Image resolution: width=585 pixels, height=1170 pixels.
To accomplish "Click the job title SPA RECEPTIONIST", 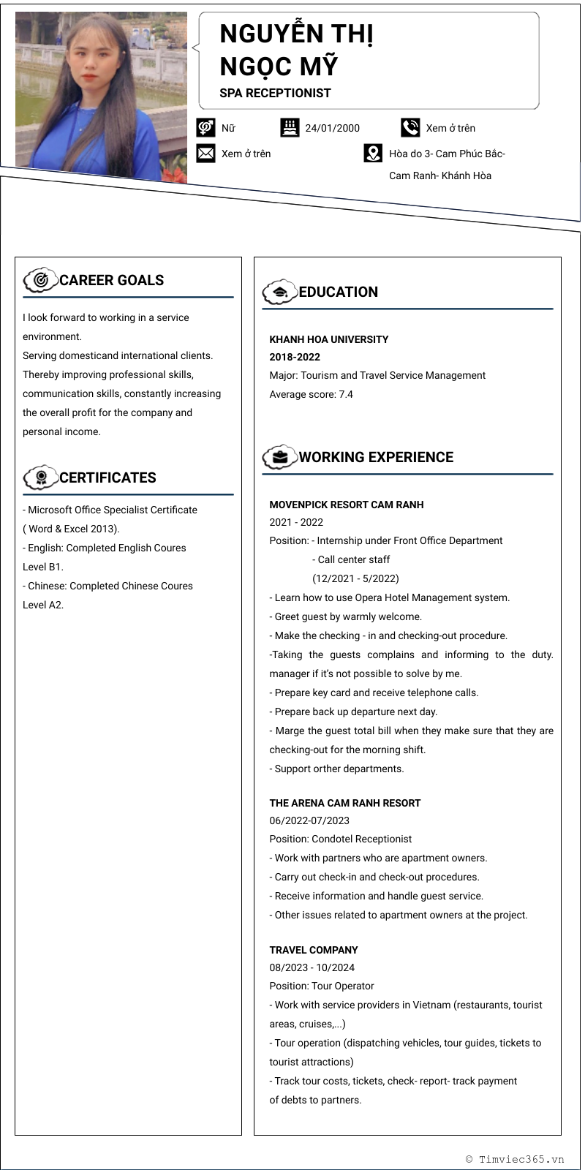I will coord(275,93).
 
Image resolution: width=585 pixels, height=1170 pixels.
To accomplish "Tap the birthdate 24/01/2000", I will coord(332,128).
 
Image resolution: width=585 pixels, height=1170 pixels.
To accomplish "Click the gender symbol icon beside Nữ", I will coord(206,128).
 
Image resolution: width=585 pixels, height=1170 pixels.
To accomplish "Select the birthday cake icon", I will coord(290,128).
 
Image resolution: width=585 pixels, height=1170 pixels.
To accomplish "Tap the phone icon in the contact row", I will coord(410,128).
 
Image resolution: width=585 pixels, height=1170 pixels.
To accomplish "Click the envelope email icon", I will coord(206,154).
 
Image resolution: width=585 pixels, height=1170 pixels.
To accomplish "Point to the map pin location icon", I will coord(373,154).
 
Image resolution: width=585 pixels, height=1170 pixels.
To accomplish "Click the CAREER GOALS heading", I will coord(111,280).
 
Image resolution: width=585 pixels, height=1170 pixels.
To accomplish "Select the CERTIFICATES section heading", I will coord(107,478).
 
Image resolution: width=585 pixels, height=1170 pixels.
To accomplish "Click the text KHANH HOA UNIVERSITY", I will coord(328,339).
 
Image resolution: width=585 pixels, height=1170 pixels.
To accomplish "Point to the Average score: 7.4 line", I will coord(311,394).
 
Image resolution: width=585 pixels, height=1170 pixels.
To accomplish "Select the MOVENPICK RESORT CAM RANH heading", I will coord(346,505).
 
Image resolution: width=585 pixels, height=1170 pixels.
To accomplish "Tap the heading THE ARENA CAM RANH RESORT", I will coord(344,803).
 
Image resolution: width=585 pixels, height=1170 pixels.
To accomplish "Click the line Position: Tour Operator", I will coord(321,986).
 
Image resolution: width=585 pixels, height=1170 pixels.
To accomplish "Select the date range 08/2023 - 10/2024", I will coord(312,967).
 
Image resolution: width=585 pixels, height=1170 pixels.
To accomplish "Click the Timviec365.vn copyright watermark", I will coord(515,1159).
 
